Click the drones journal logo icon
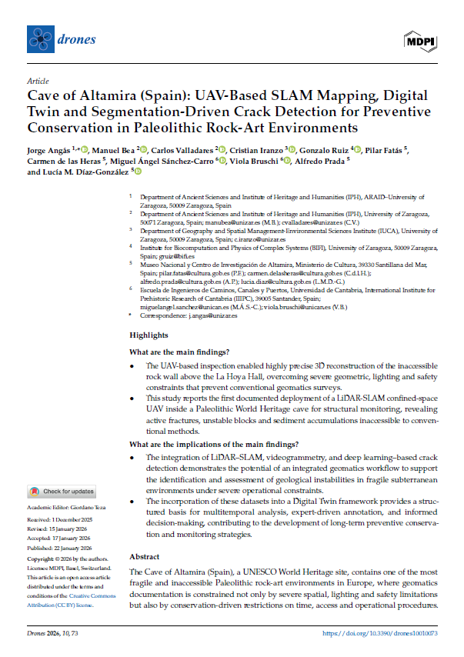39,37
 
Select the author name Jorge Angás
48,148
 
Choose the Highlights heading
149,335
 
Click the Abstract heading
144,535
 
